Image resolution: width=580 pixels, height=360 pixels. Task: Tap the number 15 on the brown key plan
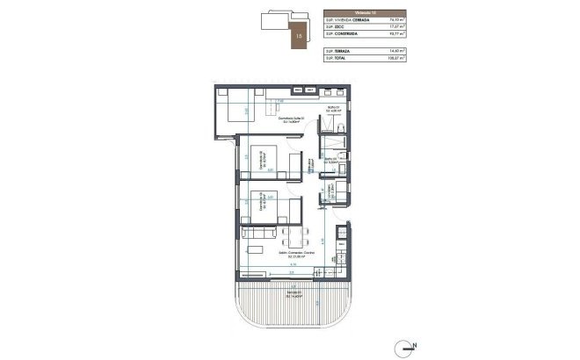[x=275, y=37]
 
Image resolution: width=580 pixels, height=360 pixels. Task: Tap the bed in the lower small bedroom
[x=263, y=207]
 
